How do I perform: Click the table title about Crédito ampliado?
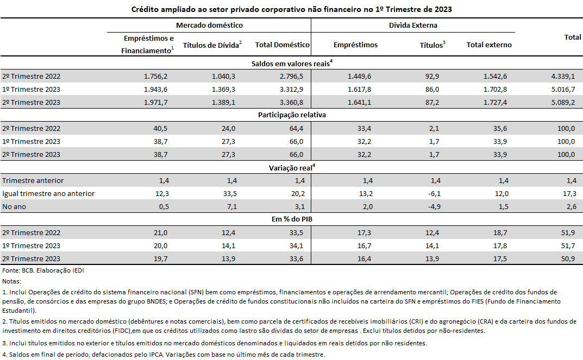click(x=291, y=9)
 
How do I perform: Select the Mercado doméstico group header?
click(x=209, y=26)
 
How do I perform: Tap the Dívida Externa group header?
click(x=413, y=26)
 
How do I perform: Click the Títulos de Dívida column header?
click(x=212, y=45)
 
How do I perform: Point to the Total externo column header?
click(x=489, y=45)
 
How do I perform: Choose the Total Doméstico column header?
click(x=282, y=45)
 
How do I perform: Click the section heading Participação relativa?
click(x=292, y=115)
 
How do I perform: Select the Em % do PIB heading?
click(x=292, y=219)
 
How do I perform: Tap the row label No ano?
click(x=14, y=206)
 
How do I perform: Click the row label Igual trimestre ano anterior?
click(x=48, y=193)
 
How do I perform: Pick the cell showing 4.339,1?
click(x=563, y=76)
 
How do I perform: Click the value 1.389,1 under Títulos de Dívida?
click(x=223, y=102)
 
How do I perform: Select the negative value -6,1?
click(x=434, y=193)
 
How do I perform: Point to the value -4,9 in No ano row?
click(x=434, y=206)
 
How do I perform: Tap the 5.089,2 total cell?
click(x=563, y=102)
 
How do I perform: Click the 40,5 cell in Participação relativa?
click(x=161, y=129)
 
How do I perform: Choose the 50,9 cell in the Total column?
click(x=568, y=258)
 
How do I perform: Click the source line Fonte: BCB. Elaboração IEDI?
click(x=43, y=270)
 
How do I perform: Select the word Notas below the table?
click(x=11, y=281)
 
